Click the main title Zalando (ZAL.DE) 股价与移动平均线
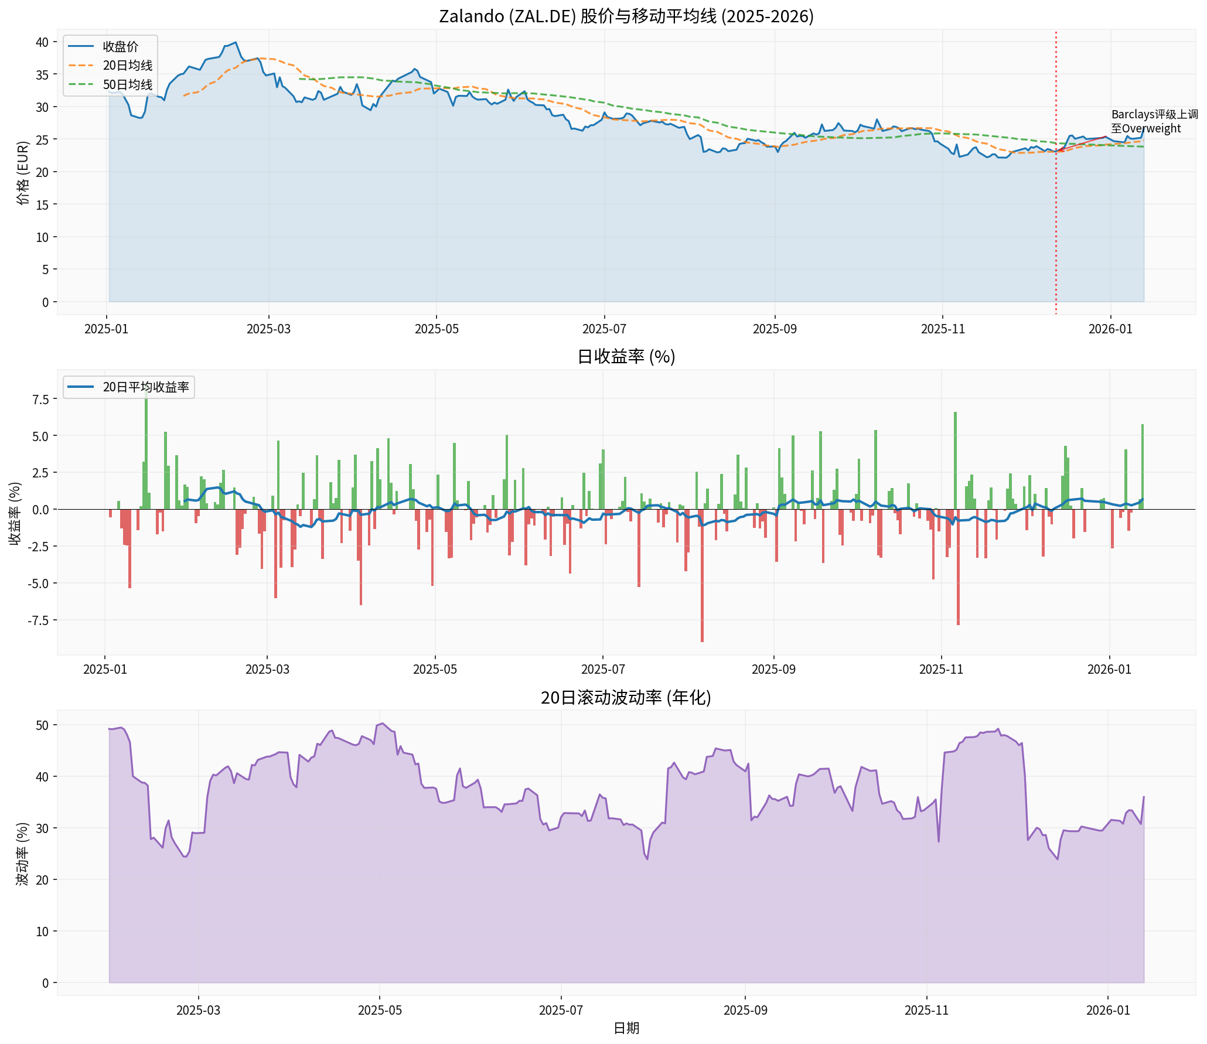click(626, 16)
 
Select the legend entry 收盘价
click(120, 46)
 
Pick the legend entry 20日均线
click(127, 66)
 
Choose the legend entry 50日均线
click(127, 85)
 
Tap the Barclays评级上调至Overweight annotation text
click(1154, 121)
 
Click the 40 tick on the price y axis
click(42, 42)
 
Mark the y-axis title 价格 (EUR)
click(23, 172)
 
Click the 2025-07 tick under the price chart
click(604, 329)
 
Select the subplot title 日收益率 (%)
click(626, 356)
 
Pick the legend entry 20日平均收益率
click(145, 387)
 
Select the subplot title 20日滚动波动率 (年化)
click(626, 697)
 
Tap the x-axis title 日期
click(626, 1028)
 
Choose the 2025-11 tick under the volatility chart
click(926, 1010)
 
